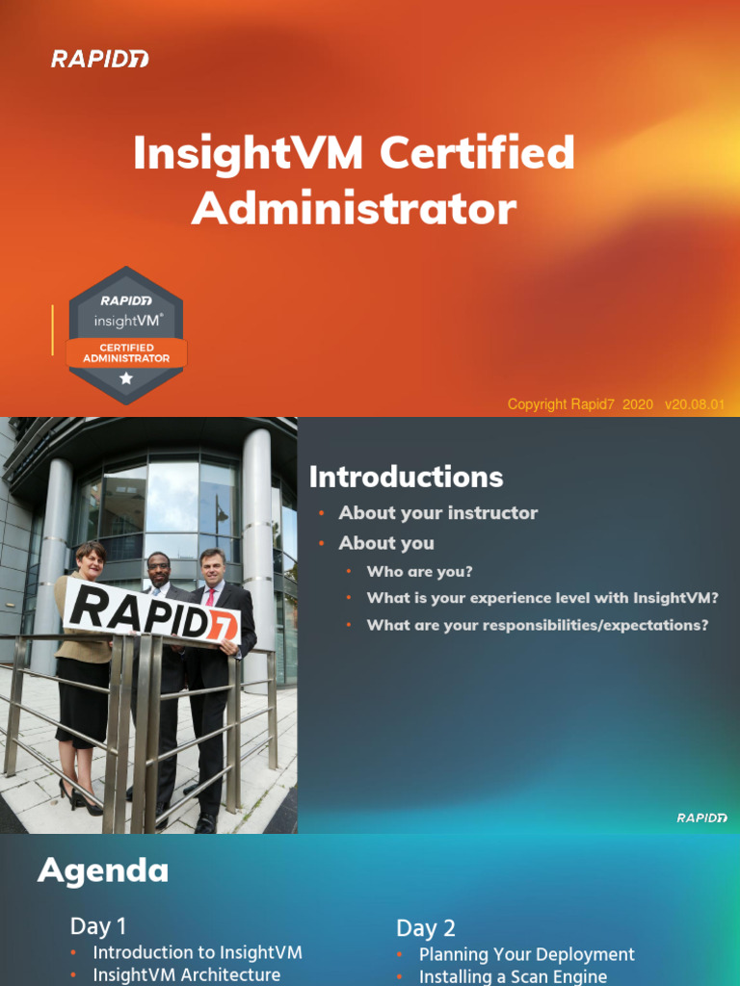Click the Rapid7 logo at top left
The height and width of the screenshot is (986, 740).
pos(100,60)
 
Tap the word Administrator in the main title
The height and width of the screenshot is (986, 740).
pos(354,208)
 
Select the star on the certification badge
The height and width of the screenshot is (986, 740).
pos(126,379)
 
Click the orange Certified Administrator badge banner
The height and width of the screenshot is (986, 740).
pos(126,352)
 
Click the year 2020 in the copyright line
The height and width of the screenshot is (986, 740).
pos(638,404)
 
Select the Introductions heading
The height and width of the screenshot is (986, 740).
pos(406,477)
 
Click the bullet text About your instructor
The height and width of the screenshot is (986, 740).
pos(437,513)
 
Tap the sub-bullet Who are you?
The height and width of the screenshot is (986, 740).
pos(420,571)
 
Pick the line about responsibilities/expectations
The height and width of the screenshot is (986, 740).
pos(537,625)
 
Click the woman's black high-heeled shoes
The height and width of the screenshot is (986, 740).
pos(82,796)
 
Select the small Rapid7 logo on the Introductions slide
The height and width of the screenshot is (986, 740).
pos(701,817)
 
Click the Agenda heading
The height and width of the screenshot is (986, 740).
pos(103,871)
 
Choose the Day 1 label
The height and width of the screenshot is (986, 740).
pos(98,926)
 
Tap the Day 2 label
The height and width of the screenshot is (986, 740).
pos(426,928)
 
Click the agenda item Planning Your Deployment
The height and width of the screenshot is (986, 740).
pos(526,954)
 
